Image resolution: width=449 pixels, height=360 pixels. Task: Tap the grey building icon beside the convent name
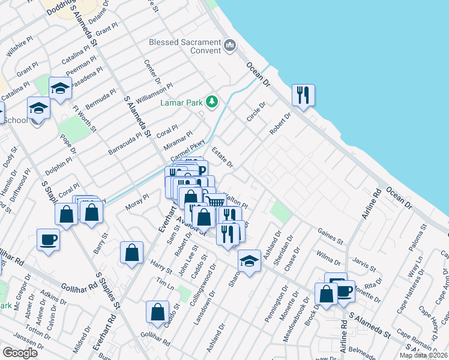pyautogui.click(x=229, y=46)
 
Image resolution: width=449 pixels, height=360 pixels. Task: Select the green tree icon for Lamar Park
pyautogui.click(x=211, y=101)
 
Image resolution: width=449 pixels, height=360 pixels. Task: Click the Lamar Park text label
pyautogui.click(x=181, y=103)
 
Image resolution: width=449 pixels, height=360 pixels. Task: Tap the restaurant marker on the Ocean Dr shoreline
pyautogui.click(x=303, y=95)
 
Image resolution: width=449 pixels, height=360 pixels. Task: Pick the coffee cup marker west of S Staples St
pyautogui.click(x=48, y=239)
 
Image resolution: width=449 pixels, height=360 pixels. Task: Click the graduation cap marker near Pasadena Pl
pyautogui.click(x=60, y=89)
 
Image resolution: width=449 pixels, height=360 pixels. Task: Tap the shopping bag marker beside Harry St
pyautogui.click(x=131, y=253)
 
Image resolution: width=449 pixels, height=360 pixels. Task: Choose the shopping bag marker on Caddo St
pyautogui.click(x=157, y=311)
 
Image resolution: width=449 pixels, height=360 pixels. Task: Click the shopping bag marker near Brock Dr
pyautogui.click(x=326, y=294)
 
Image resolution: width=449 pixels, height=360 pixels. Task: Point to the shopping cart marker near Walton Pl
pyautogui.click(x=216, y=200)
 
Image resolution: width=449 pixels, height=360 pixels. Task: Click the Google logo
pyautogui.click(x=20, y=353)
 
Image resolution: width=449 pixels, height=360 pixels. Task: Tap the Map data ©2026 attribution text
pyautogui.click(x=423, y=355)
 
